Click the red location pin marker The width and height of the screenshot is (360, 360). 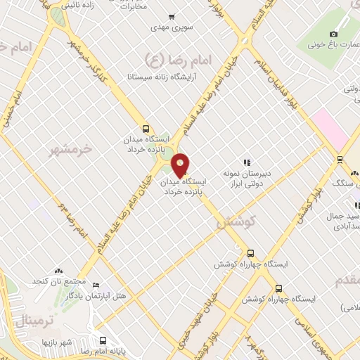coord(181,165)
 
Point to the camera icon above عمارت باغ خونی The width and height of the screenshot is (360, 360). coord(333,34)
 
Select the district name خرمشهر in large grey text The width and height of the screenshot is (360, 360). coord(71,150)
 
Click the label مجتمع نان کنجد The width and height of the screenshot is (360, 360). coord(54,281)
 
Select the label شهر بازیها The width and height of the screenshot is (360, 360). coord(57,342)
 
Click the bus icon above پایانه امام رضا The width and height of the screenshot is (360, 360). coord(103,341)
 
